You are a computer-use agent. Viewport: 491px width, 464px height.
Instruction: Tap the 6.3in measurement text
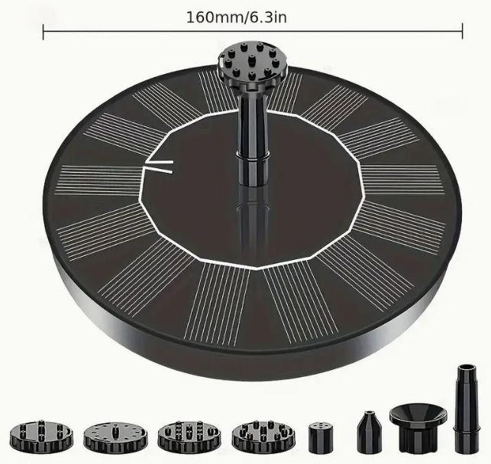pyautogui.click(x=268, y=18)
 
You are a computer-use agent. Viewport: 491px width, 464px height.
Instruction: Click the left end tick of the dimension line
pyautogui.click(x=44, y=31)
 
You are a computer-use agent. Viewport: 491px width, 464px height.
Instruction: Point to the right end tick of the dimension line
pyautogui.click(x=462, y=31)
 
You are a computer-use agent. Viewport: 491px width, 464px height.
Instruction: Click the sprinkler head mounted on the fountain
pyautogui.click(x=253, y=66)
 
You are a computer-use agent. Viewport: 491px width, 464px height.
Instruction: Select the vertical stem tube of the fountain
pyautogui.click(x=253, y=138)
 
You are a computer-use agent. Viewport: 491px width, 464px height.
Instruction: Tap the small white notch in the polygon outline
pyautogui.click(x=158, y=167)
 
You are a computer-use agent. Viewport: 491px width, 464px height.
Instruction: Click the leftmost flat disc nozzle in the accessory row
pyautogui.click(x=41, y=435)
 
